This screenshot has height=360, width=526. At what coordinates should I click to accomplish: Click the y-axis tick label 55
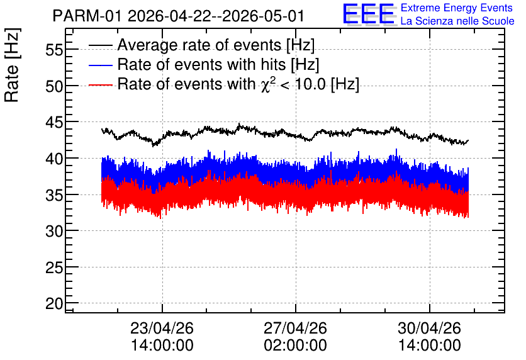pyautogui.click(x=54, y=50)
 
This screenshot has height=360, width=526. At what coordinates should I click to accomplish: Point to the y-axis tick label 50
pyautogui.click(x=54, y=87)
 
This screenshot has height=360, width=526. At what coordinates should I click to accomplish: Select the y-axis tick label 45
pyautogui.click(x=54, y=123)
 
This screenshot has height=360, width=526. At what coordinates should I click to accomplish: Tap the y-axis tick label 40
pyautogui.click(x=54, y=159)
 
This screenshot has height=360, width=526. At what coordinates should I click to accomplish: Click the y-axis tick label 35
pyautogui.click(x=54, y=195)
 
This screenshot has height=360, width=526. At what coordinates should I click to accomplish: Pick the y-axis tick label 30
pyautogui.click(x=54, y=232)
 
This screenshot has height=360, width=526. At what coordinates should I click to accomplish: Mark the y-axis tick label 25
pyautogui.click(x=54, y=267)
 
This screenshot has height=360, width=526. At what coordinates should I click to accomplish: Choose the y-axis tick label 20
pyautogui.click(x=54, y=304)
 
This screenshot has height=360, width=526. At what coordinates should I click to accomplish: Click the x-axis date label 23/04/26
pyautogui.click(x=162, y=328)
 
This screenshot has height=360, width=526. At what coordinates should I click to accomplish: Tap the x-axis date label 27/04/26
pyautogui.click(x=295, y=328)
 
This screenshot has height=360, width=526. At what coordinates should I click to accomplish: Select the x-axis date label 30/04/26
pyautogui.click(x=429, y=328)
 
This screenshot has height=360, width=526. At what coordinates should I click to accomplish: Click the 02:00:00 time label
pyautogui.click(x=295, y=346)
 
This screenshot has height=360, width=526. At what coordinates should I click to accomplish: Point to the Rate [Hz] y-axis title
pyautogui.click(x=12, y=65)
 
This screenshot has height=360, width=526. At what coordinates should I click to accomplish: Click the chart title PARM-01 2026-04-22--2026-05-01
pyautogui.click(x=179, y=16)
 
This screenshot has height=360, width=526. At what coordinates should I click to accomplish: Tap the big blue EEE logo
pyautogui.click(x=369, y=14)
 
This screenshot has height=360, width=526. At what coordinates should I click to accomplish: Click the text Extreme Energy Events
pyautogui.click(x=457, y=8)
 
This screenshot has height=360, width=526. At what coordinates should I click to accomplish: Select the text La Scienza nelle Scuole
pyautogui.click(x=457, y=21)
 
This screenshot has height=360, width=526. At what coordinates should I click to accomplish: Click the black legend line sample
pyautogui.click(x=100, y=45)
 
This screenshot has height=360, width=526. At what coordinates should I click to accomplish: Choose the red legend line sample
pyautogui.click(x=100, y=85)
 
